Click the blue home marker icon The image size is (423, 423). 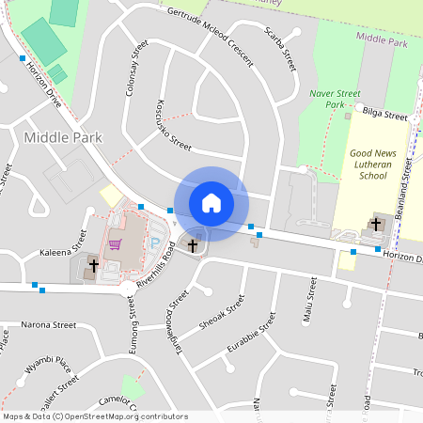coord(211,202)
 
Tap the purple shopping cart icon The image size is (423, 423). coord(116,244)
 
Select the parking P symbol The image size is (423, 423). coord(156,243)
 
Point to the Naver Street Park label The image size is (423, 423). coord(336,99)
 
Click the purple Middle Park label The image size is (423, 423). coord(382,42)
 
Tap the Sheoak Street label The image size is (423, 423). coord(221,313)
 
